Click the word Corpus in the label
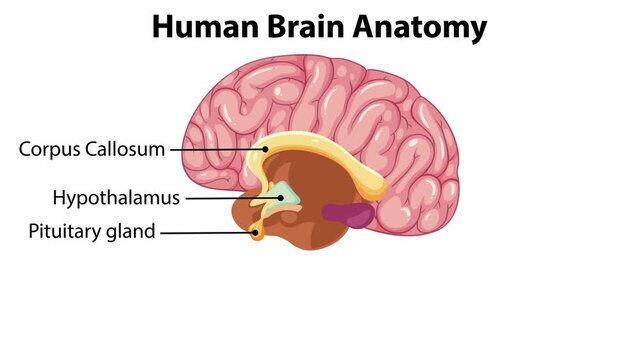point(49,150)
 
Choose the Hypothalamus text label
point(116,198)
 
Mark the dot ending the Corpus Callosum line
point(266,149)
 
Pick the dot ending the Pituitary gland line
point(256,234)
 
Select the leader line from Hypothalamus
point(233,197)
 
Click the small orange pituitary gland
point(258,237)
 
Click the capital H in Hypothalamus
point(58,197)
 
